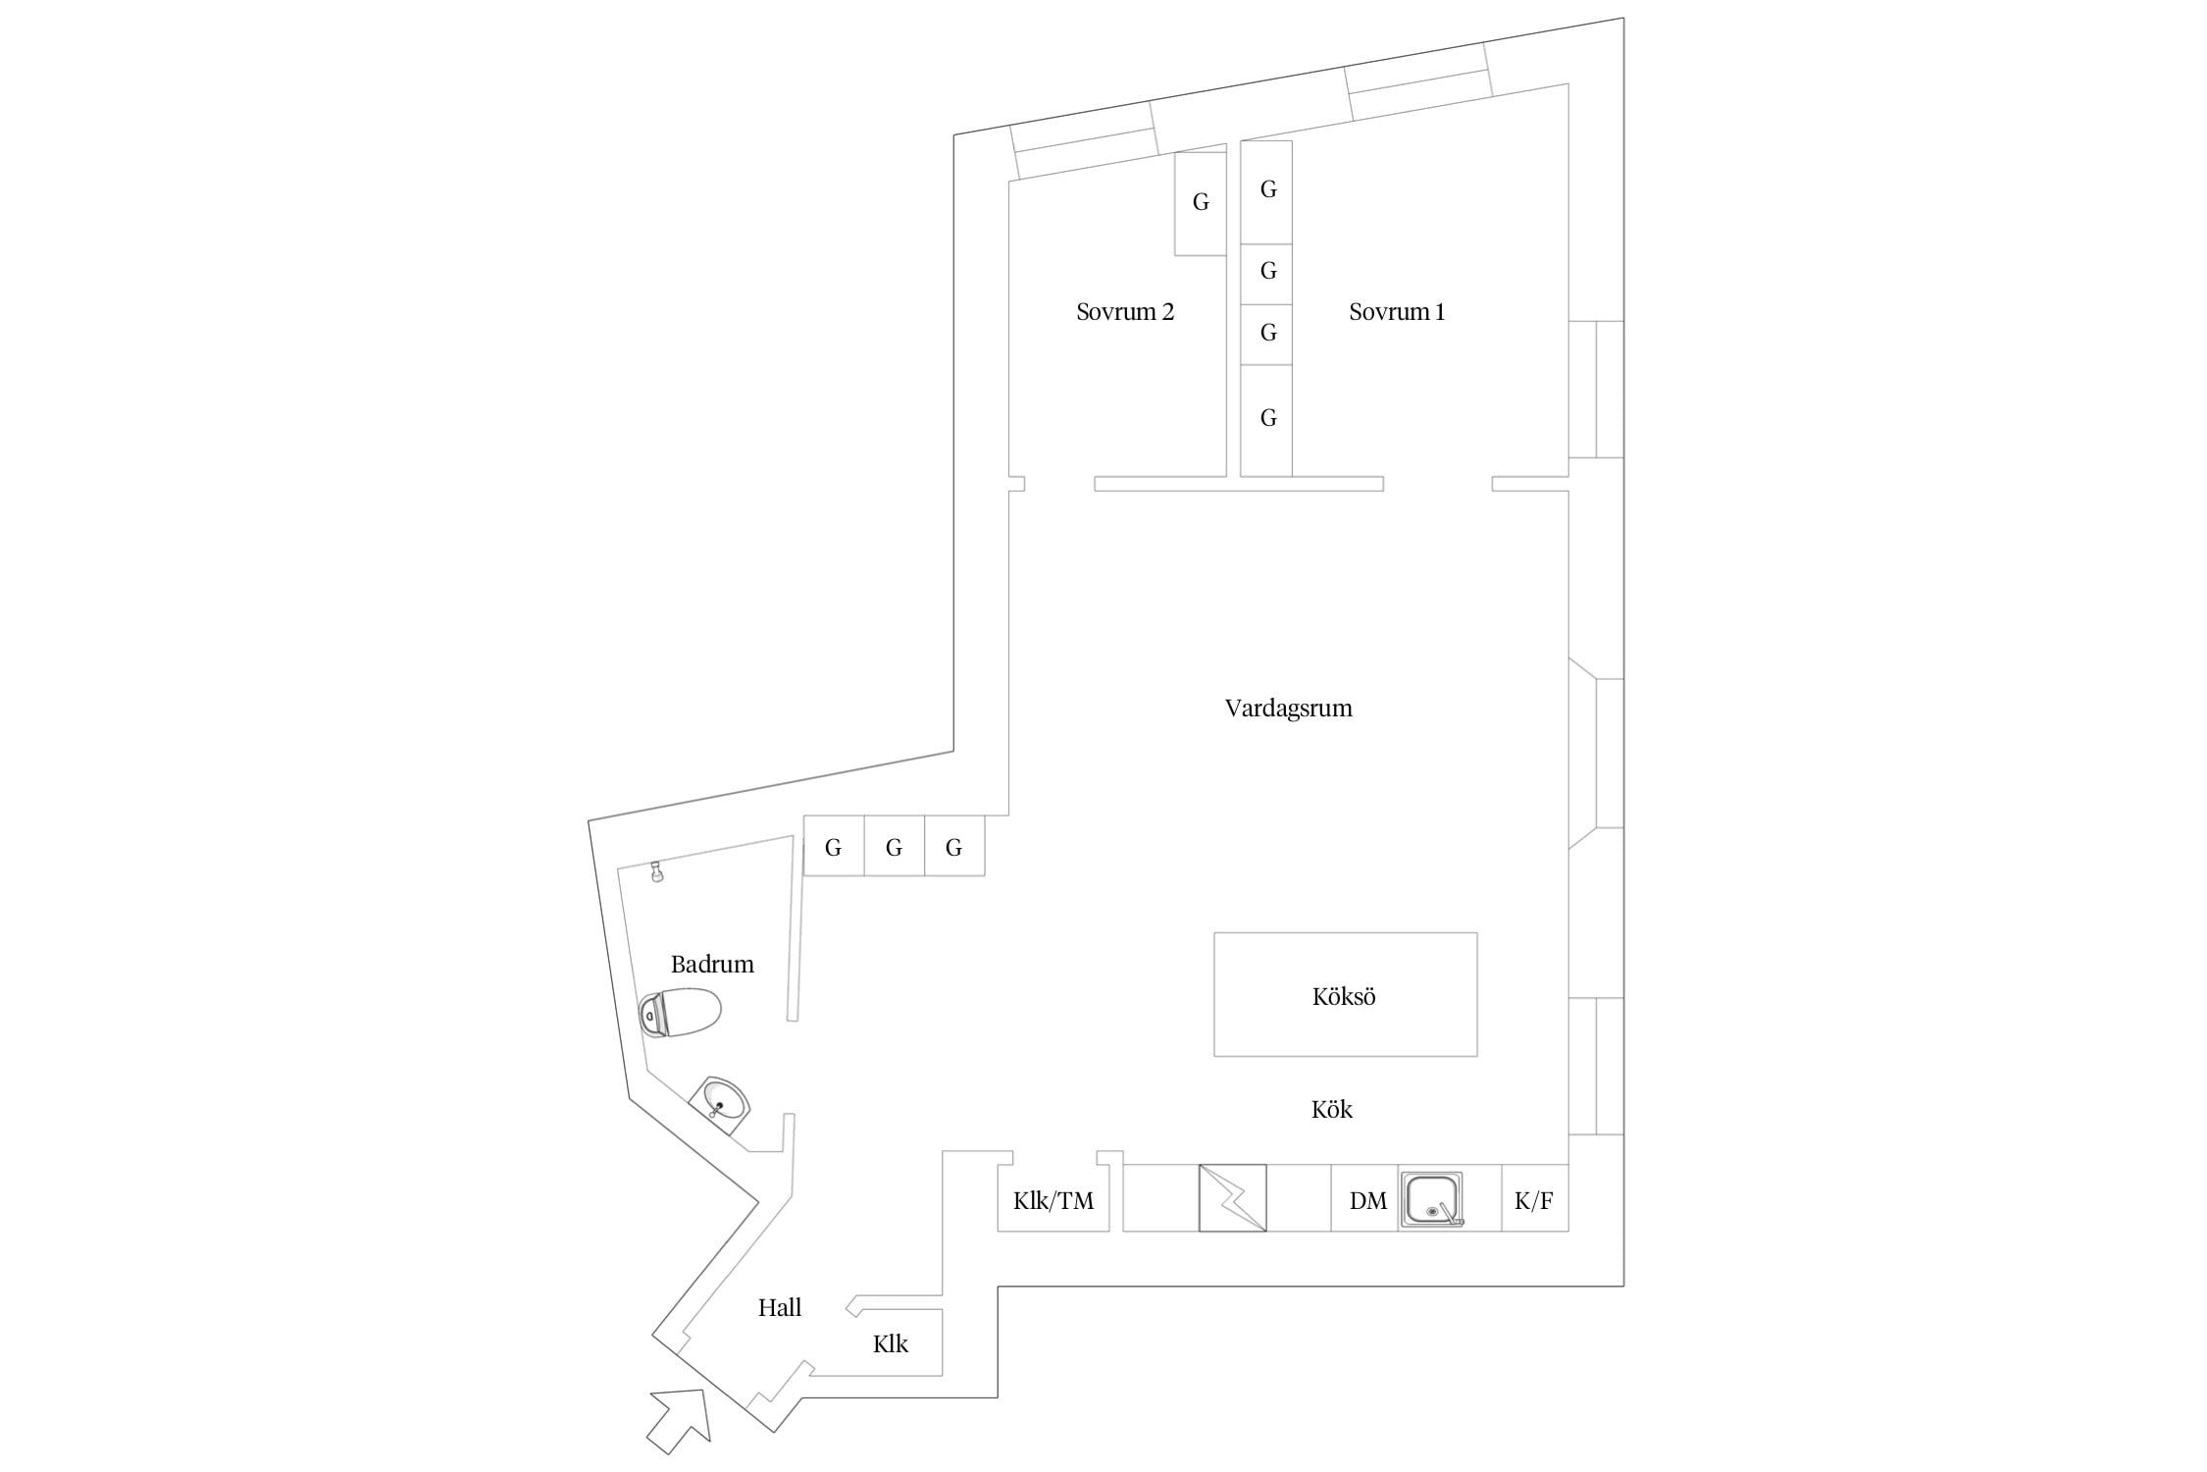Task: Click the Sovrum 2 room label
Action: click(x=1125, y=312)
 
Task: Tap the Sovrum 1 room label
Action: click(x=1397, y=312)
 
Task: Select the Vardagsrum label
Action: click(x=1288, y=709)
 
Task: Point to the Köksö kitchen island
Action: click(x=1346, y=994)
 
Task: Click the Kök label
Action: click(x=1332, y=1109)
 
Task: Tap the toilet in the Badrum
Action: click(x=680, y=1013)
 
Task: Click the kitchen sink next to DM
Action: click(x=1431, y=1199)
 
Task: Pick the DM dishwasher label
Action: click(x=1368, y=1200)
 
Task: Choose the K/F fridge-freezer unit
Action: click(x=1535, y=1198)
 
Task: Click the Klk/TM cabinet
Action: click(x=1053, y=1198)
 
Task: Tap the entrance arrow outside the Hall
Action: click(x=679, y=1421)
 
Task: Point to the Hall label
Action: click(x=780, y=1307)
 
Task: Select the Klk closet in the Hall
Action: click(x=892, y=1342)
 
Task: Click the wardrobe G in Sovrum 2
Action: click(x=1201, y=203)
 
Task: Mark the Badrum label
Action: click(x=712, y=965)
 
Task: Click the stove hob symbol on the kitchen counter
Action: click(x=1233, y=1198)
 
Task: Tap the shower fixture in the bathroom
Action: click(x=656, y=871)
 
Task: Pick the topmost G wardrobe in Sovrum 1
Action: click(x=1267, y=192)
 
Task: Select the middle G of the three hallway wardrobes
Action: click(x=894, y=846)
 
